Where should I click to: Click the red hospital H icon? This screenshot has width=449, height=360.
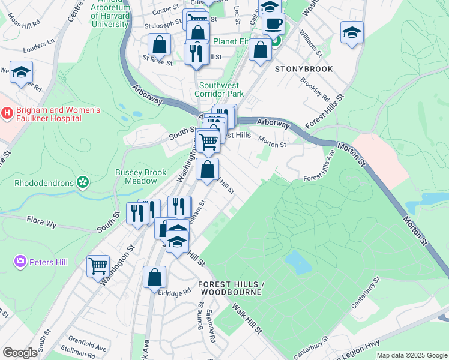7,112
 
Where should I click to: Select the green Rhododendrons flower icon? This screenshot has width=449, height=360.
82,182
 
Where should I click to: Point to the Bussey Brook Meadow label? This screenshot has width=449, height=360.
140,176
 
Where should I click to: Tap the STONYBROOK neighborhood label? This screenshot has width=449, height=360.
304,69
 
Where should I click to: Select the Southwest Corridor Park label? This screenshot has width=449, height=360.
221,89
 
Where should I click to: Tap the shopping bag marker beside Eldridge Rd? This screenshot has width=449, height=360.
154,278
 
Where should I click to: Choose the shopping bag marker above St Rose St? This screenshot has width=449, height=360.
159,44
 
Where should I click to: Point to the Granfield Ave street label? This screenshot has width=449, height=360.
87,347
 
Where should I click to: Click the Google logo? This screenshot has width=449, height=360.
20,353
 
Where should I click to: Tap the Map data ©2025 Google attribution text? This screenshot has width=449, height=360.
412,355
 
